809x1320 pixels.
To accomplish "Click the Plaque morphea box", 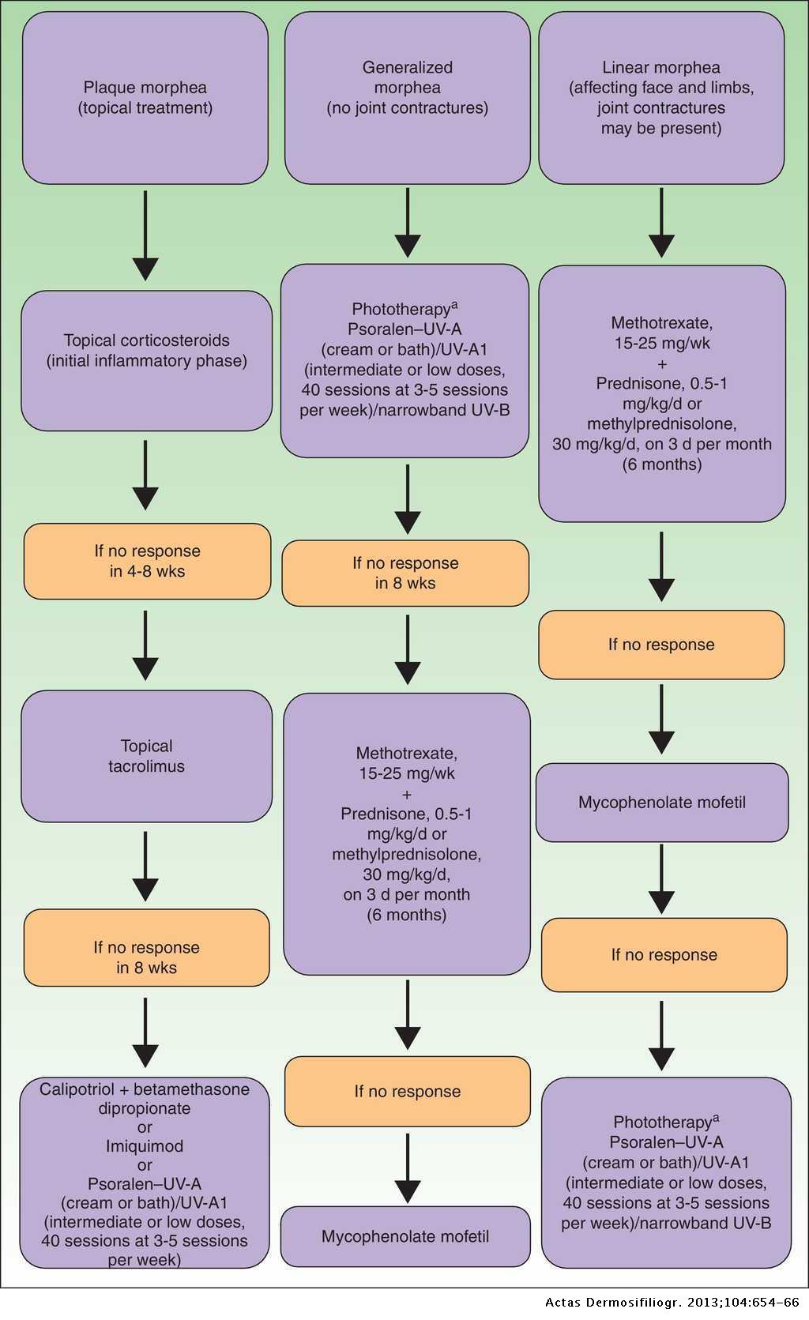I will (x=145, y=98).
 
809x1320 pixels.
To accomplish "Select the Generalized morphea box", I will (x=407, y=98).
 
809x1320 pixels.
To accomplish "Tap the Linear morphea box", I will (x=661, y=98).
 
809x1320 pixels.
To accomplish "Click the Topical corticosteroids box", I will (x=146, y=360).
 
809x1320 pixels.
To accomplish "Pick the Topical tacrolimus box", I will (x=146, y=756).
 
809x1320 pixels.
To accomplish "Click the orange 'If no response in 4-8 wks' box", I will (x=147, y=561).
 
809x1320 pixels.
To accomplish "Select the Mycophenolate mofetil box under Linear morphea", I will (x=662, y=803).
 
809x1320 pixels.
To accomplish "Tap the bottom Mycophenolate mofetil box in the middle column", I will (x=405, y=1236).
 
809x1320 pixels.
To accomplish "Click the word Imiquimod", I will (x=145, y=1145).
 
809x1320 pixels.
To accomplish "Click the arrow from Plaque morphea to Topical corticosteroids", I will (x=145, y=235).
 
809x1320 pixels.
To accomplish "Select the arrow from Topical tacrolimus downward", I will (x=145, y=867).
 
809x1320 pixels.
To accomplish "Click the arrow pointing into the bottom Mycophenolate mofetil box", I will (x=407, y=1169).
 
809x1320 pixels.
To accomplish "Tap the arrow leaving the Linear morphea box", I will (x=661, y=223).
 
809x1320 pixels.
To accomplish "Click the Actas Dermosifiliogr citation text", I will (x=672, y=1303).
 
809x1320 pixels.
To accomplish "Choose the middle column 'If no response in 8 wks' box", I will (x=405, y=573).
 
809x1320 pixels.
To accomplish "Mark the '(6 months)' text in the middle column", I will (x=406, y=915).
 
